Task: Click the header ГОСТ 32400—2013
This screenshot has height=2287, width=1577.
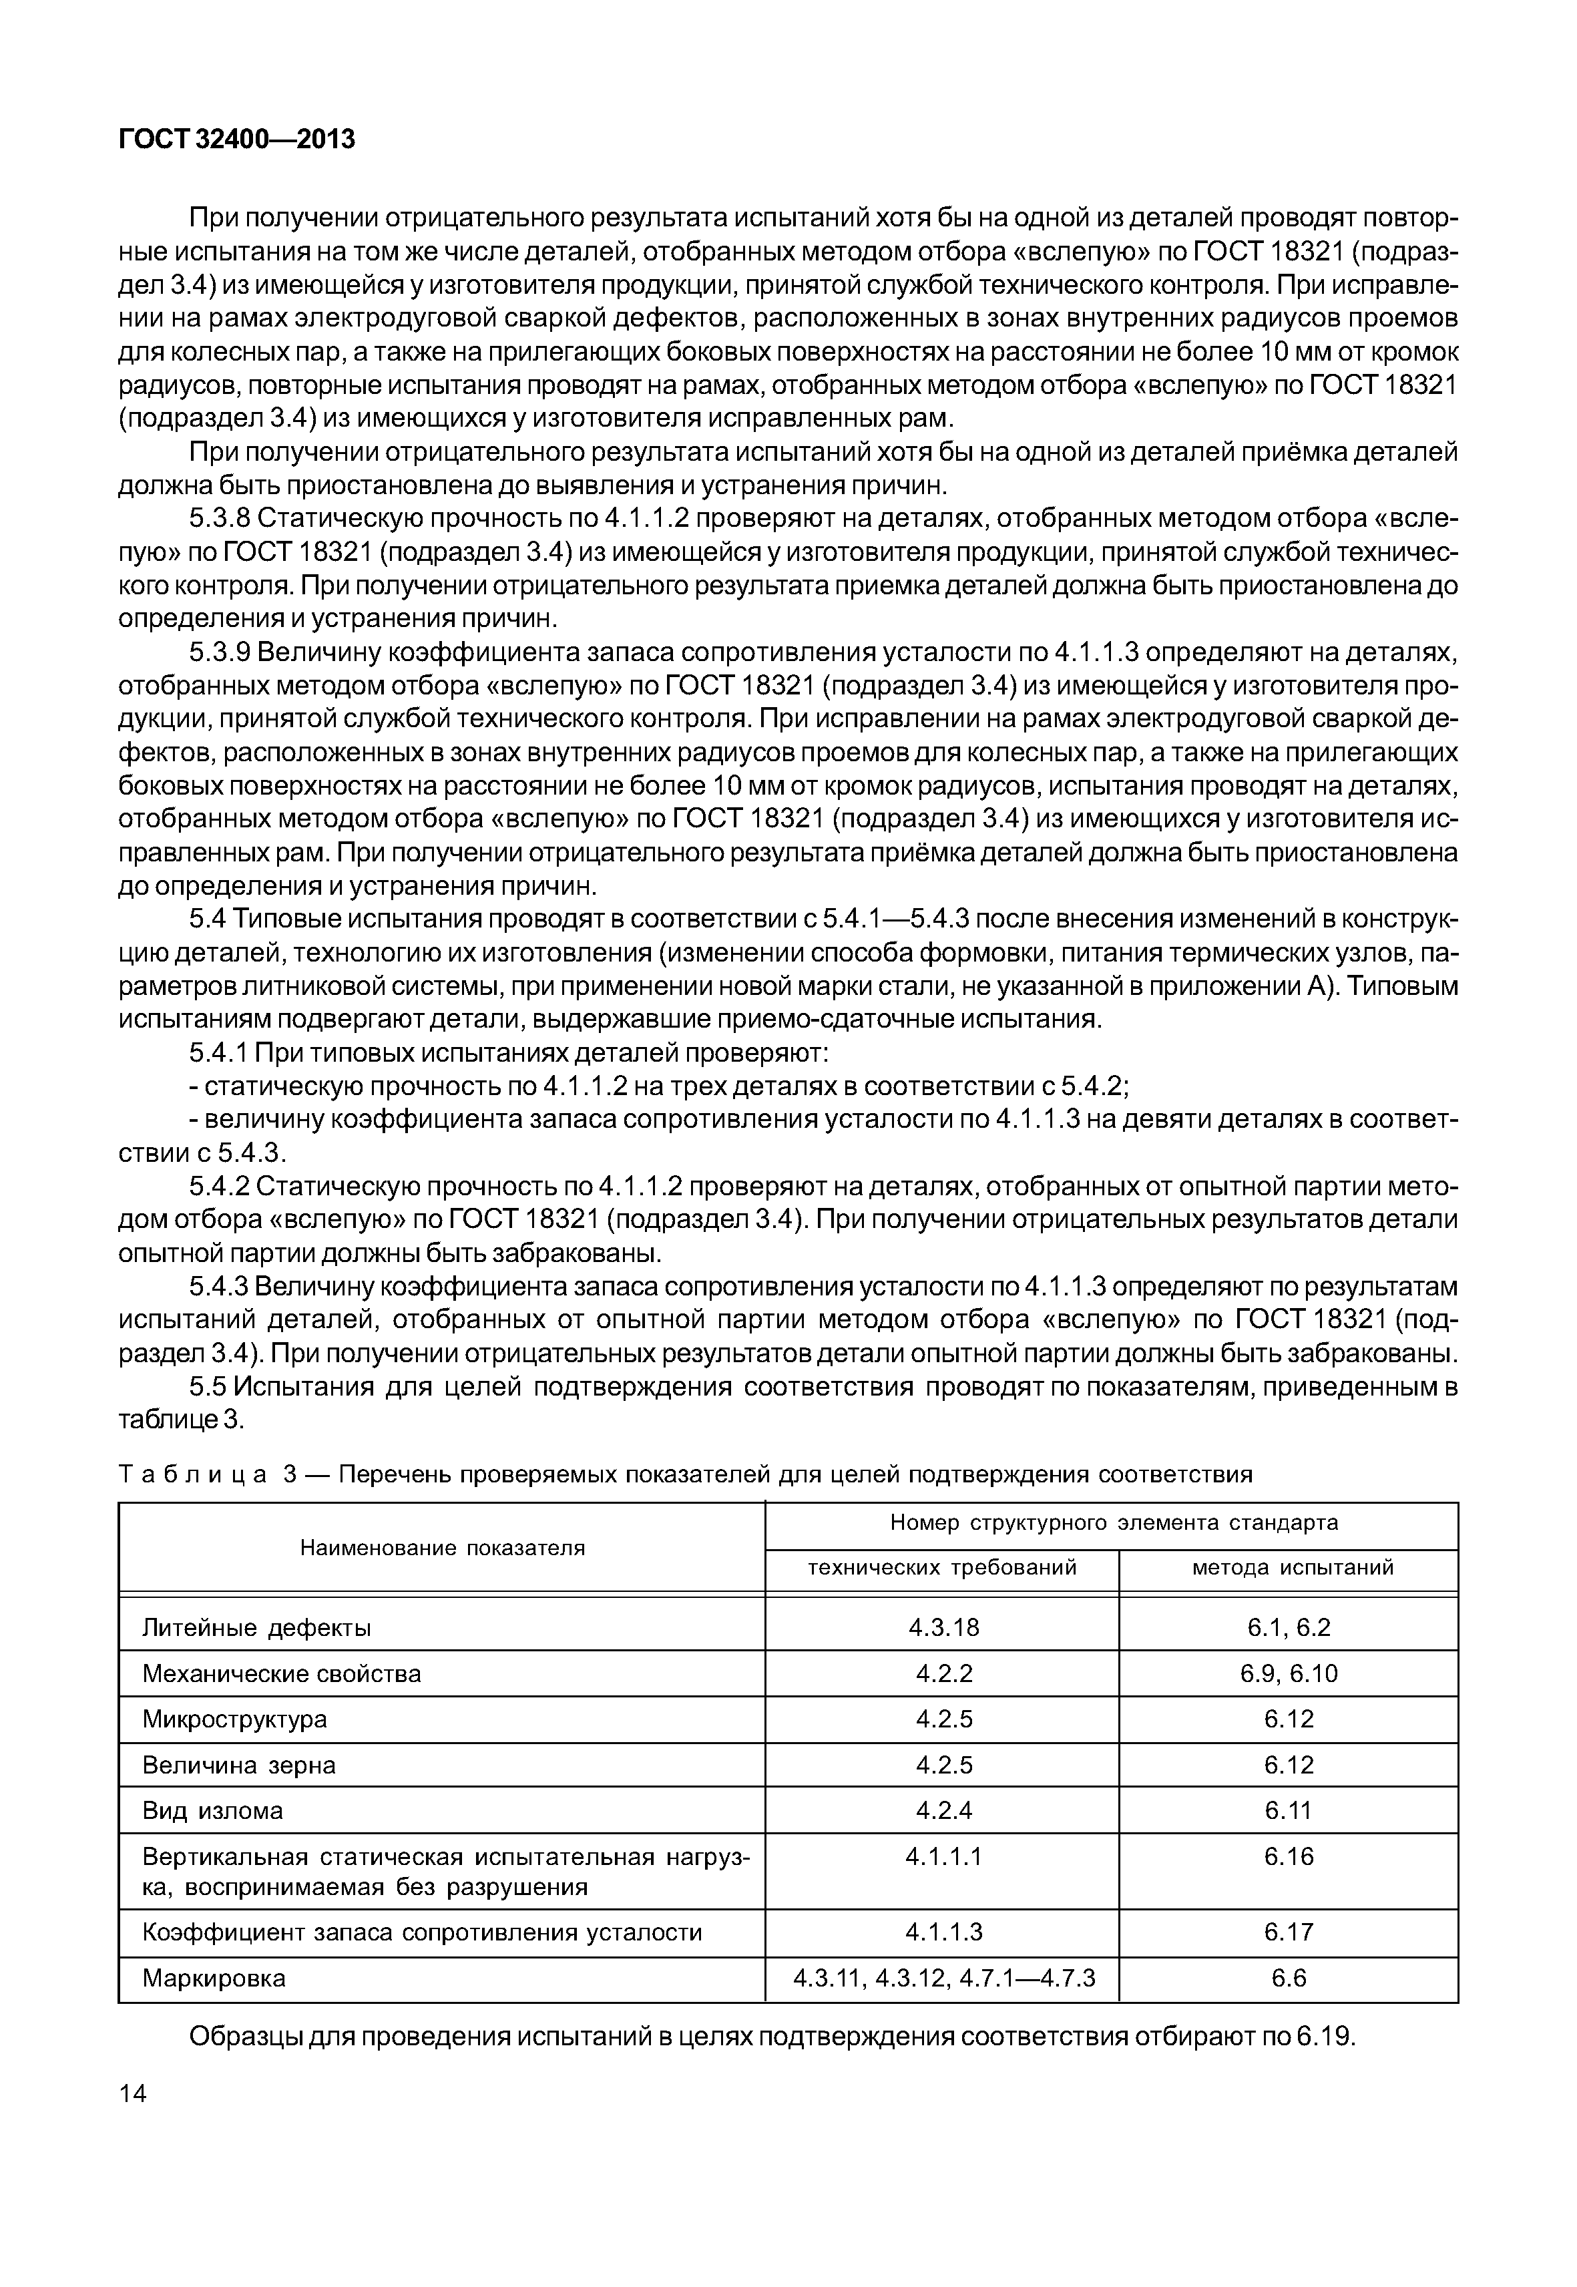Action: pos(236,140)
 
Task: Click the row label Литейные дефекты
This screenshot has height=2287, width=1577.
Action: pos(257,1628)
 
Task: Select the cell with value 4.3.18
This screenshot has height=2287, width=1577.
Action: pos(943,1628)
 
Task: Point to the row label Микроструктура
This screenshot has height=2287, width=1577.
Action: pos(234,1719)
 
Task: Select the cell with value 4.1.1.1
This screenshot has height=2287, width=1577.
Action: pos(943,1857)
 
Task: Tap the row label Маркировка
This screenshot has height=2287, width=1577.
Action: pos(214,1979)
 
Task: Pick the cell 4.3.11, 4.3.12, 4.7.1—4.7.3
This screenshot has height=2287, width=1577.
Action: pos(943,1979)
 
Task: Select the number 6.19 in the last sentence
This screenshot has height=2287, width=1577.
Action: pos(1325,2038)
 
